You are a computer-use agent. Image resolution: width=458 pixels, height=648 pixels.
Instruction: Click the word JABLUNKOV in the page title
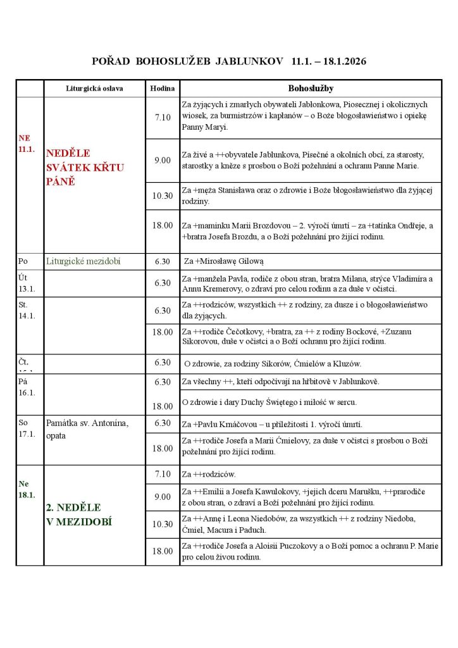(250, 61)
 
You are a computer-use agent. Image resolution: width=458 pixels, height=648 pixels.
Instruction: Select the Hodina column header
(163, 89)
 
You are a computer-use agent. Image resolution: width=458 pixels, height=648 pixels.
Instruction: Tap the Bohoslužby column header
(311, 89)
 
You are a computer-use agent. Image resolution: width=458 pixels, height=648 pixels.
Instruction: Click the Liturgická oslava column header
(94, 89)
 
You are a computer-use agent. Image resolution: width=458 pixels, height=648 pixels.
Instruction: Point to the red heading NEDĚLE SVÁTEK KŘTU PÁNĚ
(85, 167)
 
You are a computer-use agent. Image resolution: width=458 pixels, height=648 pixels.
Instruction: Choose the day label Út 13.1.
(27, 282)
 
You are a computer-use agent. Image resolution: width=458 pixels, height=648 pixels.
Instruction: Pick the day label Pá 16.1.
(27, 387)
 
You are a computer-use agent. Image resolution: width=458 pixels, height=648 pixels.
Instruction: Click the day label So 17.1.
(27, 428)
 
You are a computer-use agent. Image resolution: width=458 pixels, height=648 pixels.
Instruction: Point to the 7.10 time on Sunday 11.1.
(163, 118)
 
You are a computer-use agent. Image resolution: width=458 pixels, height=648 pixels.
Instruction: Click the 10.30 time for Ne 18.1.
(163, 524)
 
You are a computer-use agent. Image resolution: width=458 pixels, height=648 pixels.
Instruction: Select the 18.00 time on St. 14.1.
(163, 332)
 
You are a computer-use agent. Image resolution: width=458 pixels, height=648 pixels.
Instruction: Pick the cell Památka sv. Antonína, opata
(87, 429)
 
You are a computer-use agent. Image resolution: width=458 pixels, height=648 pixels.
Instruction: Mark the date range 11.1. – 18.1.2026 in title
(329, 61)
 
